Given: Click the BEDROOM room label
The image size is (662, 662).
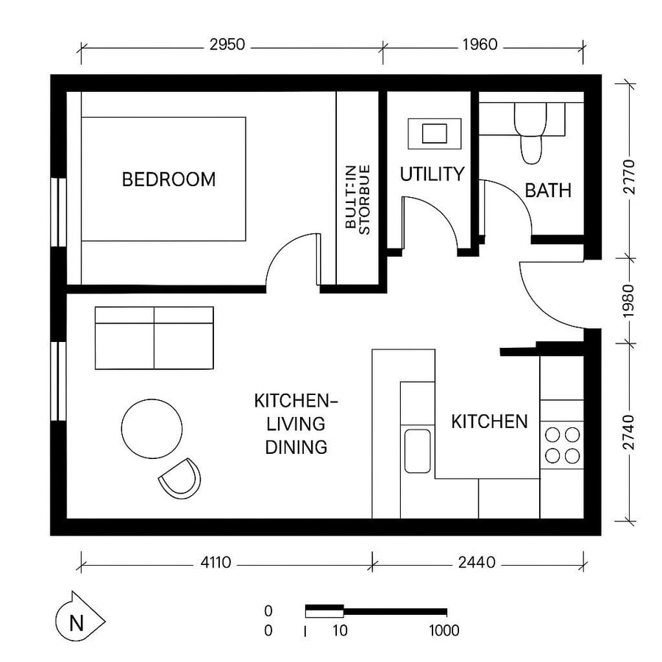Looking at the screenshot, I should [169, 179].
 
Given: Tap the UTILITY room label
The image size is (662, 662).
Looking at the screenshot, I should [432, 174].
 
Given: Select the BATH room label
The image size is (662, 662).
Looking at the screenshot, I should [548, 191].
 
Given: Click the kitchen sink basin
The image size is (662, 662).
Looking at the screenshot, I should [417, 450].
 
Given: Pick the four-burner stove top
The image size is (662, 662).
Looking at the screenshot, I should [563, 445].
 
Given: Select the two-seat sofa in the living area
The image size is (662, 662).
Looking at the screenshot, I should [154, 338].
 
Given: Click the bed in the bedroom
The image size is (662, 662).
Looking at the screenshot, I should [163, 179].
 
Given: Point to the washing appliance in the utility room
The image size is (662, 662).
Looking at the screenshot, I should [434, 134].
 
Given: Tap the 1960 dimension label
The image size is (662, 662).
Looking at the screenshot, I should [480, 46].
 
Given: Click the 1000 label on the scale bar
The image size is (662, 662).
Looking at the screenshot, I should [444, 630].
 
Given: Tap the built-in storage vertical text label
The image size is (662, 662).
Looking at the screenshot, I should [357, 199].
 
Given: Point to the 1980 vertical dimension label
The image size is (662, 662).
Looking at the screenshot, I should [630, 299].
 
